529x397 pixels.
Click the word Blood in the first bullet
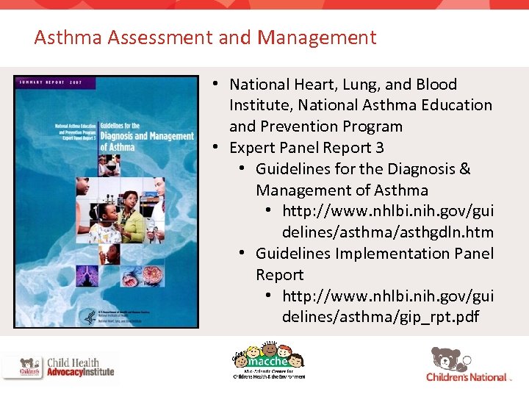[x=436, y=85]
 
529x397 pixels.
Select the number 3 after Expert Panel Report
[x=379, y=148]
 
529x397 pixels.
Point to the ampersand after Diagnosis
[x=464, y=169]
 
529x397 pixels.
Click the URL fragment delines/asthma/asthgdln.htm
[x=387, y=232]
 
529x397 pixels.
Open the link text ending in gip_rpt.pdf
[x=379, y=317]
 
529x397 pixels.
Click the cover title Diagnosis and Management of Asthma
[x=146, y=136]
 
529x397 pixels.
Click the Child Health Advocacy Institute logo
[x=59, y=367]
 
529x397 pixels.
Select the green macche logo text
[x=267, y=360]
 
